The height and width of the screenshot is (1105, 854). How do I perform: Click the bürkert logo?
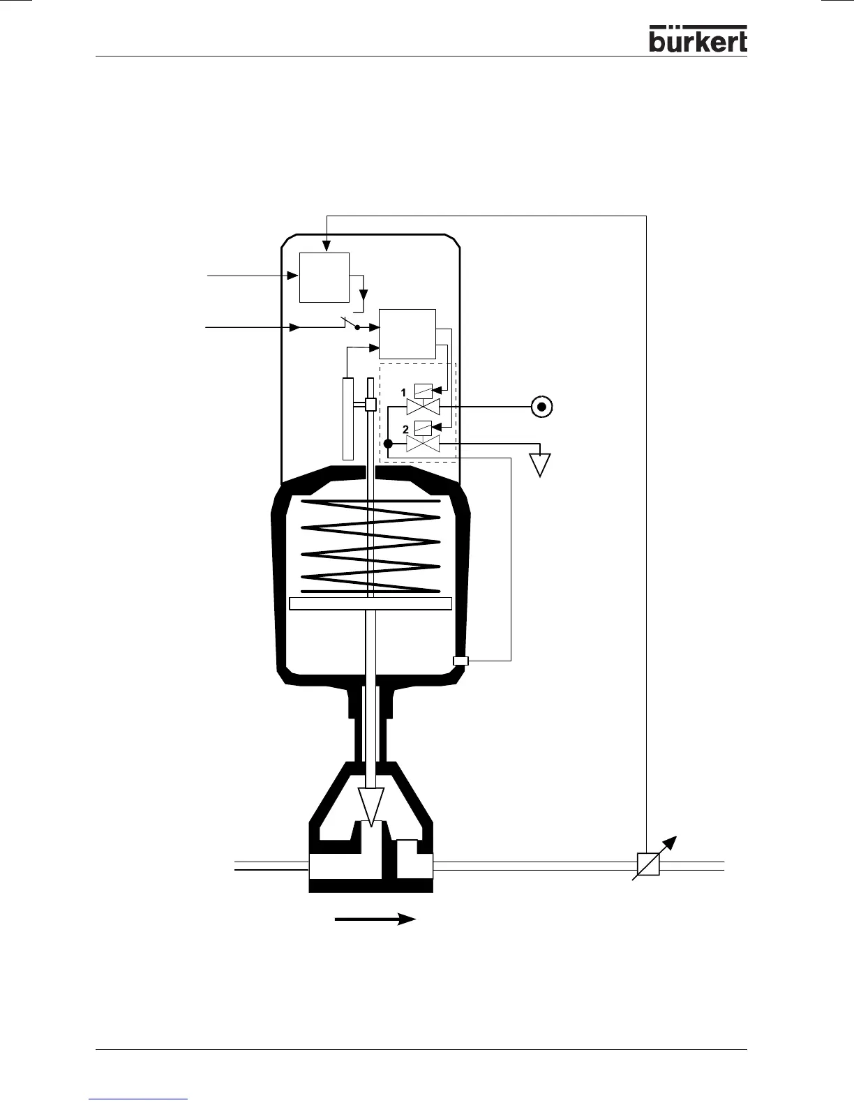tap(698, 40)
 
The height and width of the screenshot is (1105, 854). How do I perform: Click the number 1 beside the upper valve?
tap(403, 393)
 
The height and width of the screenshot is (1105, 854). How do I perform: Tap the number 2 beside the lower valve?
tap(405, 429)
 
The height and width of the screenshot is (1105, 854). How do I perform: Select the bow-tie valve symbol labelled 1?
tap(423, 407)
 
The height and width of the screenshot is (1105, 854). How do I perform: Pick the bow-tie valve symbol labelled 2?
tap(423, 444)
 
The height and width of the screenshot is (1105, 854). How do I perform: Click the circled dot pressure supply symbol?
tap(542, 406)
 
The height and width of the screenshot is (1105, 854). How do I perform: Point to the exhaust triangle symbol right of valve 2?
tap(541, 464)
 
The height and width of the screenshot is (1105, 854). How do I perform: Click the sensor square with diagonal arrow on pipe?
tap(649, 865)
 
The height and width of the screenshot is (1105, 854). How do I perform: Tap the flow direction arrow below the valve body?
tap(375, 919)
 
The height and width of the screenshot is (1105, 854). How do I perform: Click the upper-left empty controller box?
tap(324, 277)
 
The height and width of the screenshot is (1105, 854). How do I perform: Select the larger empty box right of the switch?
tap(407, 333)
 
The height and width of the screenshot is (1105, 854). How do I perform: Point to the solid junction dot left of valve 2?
tap(389, 444)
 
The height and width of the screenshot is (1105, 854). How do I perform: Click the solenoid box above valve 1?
tap(423, 391)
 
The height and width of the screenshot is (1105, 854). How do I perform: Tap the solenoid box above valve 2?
tap(423, 428)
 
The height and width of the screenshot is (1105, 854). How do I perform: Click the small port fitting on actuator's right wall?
tap(460, 661)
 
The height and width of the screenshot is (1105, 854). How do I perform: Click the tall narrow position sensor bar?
tap(348, 418)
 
